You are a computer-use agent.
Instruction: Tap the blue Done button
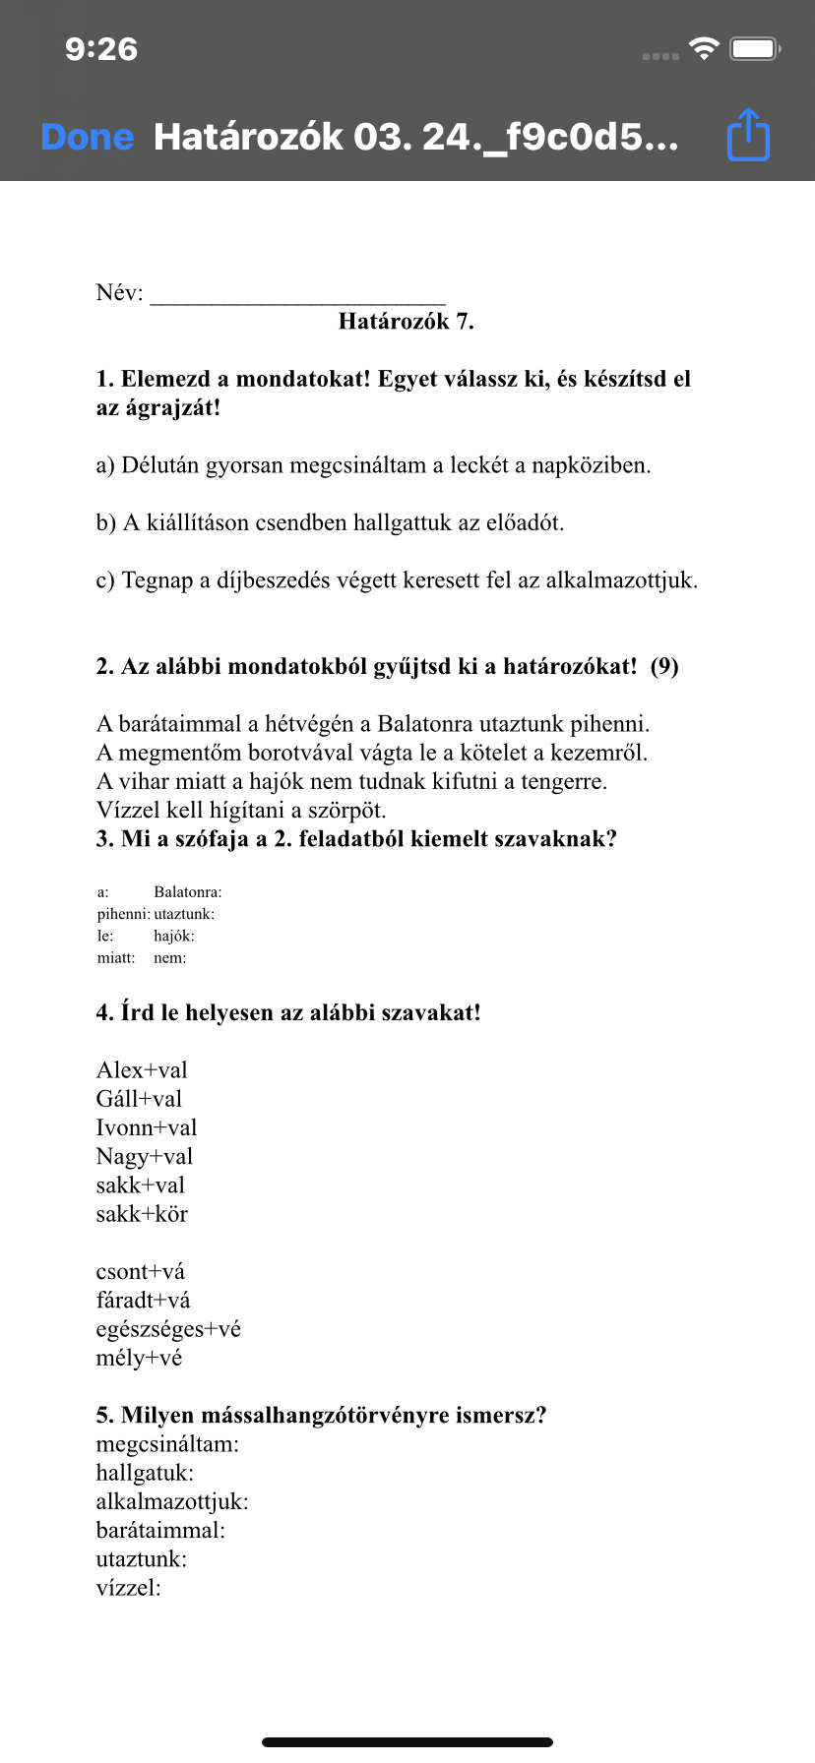coord(87,137)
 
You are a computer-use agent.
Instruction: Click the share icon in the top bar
coord(748,135)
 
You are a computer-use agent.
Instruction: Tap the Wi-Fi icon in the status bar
coord(704,48)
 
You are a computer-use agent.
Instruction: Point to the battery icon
coord(755,48)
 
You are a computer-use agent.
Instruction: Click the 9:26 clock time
coord(101,49)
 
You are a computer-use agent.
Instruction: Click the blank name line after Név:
coord(297,294)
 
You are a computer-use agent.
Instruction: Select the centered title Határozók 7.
coord(406,322)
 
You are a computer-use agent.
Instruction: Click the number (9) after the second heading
coord(664,667)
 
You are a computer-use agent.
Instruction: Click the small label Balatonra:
coord(188,892)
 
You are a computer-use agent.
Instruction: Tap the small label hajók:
coord(174,936)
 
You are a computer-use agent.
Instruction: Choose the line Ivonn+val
coord(147,1127)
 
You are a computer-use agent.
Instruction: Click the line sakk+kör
coord(142,1214)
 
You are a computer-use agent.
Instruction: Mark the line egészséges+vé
coord(168,1329)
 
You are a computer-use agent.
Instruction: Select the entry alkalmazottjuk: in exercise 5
coord(172,1502)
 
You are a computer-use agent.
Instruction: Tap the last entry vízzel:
coord(128,1588)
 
